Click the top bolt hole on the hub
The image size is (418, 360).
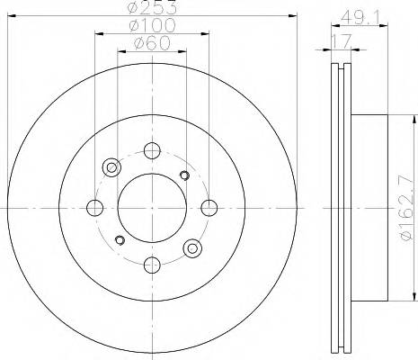point(151,150)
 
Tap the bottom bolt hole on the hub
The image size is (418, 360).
point(151,265)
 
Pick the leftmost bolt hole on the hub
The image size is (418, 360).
point(93,208)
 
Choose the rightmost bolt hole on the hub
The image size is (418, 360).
point(209,208)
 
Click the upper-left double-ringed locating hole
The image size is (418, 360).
point(111,166)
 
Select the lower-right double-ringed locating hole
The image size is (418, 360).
point(191,247)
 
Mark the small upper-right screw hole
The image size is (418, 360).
point(184,175)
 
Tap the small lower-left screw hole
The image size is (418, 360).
point(119,239)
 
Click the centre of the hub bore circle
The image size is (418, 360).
point(151,208)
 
